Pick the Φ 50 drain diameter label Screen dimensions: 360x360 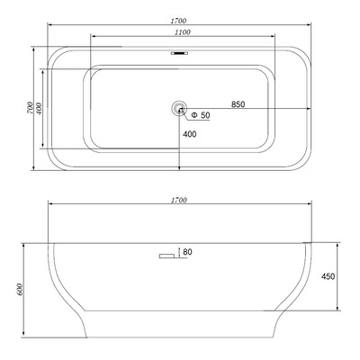pyautogui.click(x=199, y=116)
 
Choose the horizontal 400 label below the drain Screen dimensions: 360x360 pyautogui.click(x=190, y=134)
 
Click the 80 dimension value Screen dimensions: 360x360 pyautogui.click(x=187, y=252)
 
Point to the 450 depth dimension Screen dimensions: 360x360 pyautogui.click(x=328, y=276)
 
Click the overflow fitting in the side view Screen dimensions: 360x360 pyautogui.click(x=167, y=259)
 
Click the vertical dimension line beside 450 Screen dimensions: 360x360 pyautogui.click(x=337, y=274)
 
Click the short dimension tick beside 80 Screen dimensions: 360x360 pyautogui.click(x=179, y=252)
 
